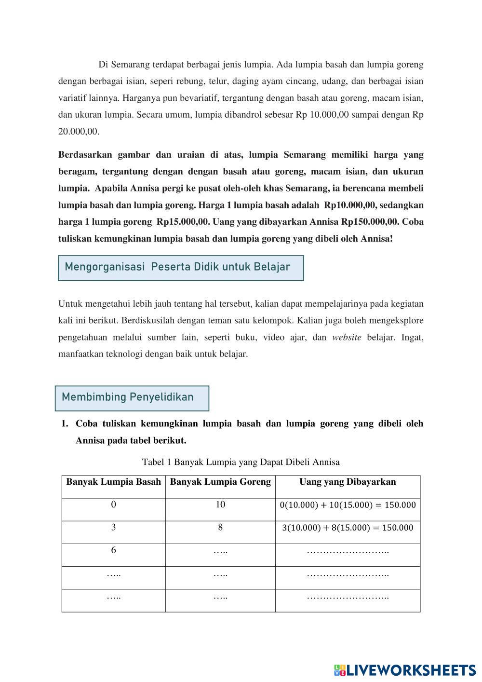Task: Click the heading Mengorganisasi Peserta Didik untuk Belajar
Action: (177, 267)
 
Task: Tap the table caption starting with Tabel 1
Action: (241, 462)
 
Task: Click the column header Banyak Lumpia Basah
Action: (113, 482)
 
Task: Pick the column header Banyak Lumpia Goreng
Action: (220, 482)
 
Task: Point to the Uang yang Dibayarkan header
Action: (348, 482)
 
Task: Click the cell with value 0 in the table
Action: (113, 505)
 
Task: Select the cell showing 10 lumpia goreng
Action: (220, 505)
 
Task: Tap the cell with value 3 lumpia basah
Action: (113, 528)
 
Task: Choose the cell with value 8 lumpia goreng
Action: (220, 528)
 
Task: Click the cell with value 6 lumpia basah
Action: (113, 550)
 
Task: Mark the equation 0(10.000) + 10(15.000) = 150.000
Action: (348, 505)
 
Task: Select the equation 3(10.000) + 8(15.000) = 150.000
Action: (348, 528)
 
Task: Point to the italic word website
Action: (347, 338)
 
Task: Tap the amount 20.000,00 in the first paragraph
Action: (79, 132)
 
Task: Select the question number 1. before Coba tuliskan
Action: (65, 424)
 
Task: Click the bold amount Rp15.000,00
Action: (183, 222)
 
